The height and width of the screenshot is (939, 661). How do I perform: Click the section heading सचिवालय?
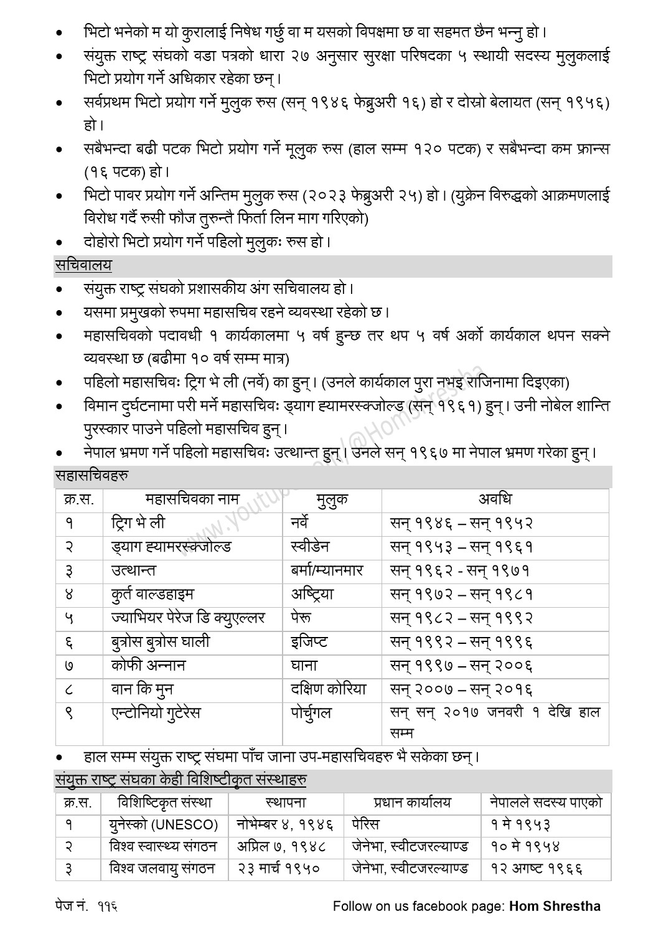click(x=83, y=265)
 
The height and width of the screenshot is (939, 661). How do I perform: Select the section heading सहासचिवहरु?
click(x=91, y=476)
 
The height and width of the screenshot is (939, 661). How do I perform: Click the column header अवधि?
click(x=495, y=499)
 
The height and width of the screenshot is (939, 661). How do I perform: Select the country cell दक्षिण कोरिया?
click(x=328, y=689)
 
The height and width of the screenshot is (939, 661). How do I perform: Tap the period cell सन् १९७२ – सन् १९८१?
click(x=461, y=594)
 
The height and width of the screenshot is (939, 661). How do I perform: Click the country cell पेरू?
click(x=301, y=618)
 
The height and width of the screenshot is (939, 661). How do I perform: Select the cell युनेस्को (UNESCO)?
click(x=164, y=825)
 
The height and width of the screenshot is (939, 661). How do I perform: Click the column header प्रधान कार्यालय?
click(x=412, y=803)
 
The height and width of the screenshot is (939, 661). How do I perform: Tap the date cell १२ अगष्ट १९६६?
click(x=537, y=869)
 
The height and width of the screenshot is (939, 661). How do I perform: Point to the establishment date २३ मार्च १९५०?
click(x=278, y=869)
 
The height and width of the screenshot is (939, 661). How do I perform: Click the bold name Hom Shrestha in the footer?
click(x=555, y=906)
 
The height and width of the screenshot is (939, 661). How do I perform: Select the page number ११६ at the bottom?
click(x=107, y=906)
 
